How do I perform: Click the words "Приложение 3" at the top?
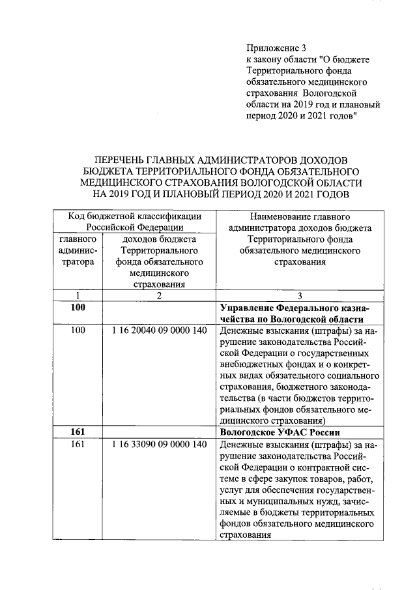point(276,48)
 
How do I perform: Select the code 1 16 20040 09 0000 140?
point(159,331)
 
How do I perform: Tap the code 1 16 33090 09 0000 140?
point(159,445)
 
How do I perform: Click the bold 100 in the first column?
point(78,307)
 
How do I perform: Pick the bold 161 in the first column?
point(78,432)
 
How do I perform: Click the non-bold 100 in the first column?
point(78,331)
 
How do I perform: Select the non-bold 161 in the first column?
point(78,445)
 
